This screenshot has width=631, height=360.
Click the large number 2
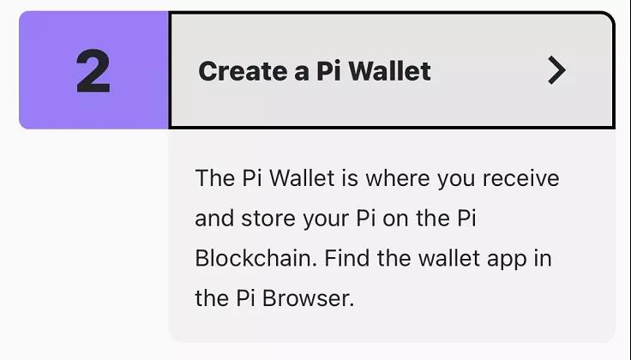tap(93, 71)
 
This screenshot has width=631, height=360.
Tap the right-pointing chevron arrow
tap(557, 70)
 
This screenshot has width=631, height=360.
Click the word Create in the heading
tap(243, 71)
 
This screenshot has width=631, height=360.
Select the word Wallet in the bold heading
tap(389, 71)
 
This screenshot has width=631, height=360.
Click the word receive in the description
tap(520, 178)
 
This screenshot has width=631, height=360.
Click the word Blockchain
tap(253, 258)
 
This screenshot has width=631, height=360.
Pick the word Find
tap(347, 258)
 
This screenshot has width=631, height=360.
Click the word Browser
tap(308, 298)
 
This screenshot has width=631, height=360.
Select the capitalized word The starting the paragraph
tap(215, 178)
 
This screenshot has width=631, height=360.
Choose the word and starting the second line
tap(214, 219)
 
